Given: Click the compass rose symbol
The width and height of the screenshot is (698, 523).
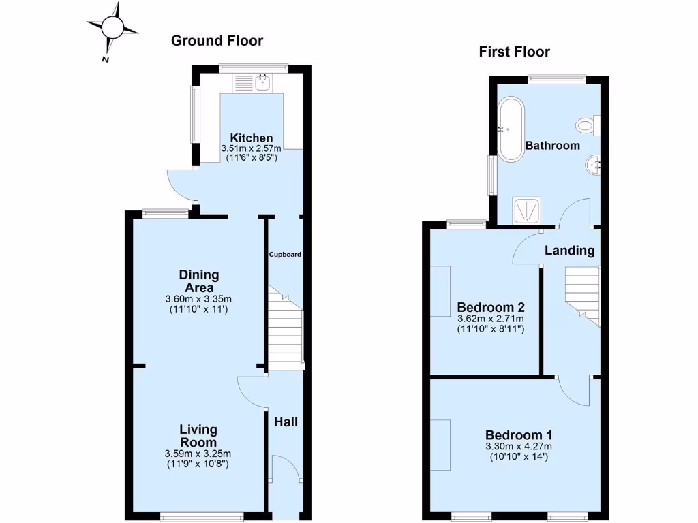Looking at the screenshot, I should coord(114,28).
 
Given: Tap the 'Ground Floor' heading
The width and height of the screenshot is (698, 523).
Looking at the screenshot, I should coord(217,41).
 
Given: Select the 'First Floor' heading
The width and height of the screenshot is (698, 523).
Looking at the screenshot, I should coord(514,52).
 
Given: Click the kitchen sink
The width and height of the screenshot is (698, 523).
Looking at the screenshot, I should coord(253,83).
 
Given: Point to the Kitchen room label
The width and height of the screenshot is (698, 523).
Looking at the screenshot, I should coord(251,138).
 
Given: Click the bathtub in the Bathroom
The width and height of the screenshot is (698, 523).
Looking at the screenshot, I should coord(510,130).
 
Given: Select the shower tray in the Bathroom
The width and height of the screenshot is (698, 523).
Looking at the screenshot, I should coord(528,210).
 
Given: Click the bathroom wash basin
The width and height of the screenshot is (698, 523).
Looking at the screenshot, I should coord(592,164).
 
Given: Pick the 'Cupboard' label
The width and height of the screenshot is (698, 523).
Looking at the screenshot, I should coord(284,255).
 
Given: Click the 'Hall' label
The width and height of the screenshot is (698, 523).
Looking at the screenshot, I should coord(286,422).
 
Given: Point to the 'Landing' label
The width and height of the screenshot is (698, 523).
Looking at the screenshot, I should coord(569,251).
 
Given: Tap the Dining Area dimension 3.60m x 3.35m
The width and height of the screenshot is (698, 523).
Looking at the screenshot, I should coord(199,299).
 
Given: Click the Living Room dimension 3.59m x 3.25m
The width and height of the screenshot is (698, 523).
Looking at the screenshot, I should coord(198,454).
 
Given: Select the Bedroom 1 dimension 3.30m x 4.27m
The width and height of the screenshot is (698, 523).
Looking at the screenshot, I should coord(519,447).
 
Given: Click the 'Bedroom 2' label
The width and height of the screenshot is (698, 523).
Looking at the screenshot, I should coord(490,306).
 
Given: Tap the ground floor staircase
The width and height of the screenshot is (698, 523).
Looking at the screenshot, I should coord(285,330).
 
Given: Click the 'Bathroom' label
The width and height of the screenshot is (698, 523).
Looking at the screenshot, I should coord(552,146).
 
